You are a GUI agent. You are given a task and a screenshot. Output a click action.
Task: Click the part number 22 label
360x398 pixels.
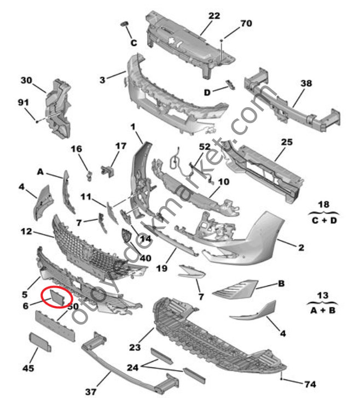[x=214, y=16]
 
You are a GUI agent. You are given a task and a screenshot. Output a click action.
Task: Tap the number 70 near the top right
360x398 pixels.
[x=246, y=24]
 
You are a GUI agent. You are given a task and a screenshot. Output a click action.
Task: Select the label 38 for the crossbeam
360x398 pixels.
[x=306, y=84]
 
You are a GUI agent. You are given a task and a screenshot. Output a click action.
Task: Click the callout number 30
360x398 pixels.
[x=27, y=80]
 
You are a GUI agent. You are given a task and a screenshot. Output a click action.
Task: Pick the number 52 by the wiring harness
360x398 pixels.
[x=204, y=147]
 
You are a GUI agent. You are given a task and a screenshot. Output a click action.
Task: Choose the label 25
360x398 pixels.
[x=287, y=142]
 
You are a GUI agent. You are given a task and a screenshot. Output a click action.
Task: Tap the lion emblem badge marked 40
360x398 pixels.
[x=126, y=237]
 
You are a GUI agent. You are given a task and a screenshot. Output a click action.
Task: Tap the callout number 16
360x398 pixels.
[x=76, y=149]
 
